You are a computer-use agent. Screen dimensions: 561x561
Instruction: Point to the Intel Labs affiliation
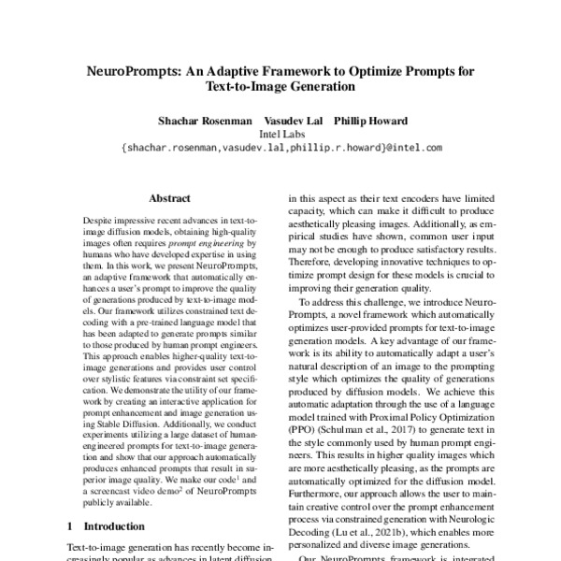[x=280, y=134]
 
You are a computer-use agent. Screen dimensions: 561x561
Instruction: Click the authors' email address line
[x=280, y=148]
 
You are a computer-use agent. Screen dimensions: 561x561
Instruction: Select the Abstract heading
[x=169, y=199]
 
